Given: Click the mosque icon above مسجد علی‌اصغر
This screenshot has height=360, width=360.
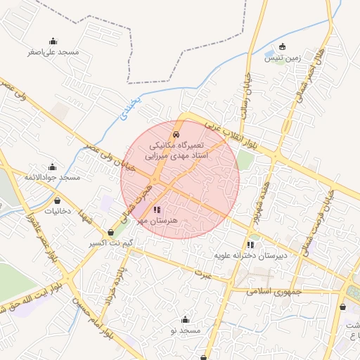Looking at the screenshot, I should point(53,41).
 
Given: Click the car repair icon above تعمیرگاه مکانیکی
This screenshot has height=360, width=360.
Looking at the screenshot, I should point(175,133).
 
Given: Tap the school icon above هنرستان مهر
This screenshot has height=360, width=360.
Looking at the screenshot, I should point(156,210).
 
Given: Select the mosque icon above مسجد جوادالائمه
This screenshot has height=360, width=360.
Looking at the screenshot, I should point(52,167).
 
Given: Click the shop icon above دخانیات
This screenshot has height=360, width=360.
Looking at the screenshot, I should point(58,200).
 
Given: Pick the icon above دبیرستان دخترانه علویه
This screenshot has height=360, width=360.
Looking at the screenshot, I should point(250,245).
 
